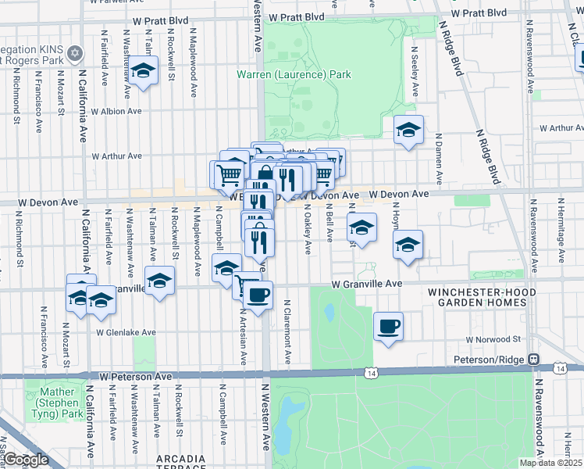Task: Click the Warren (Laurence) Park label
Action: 294,75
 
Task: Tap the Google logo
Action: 25,460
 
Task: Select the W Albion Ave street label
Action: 116,111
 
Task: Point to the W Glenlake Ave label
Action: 126,332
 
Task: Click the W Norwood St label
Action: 493,339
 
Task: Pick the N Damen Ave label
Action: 439,159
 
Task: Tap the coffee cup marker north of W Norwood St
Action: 388,326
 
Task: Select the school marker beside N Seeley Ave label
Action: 408,131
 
